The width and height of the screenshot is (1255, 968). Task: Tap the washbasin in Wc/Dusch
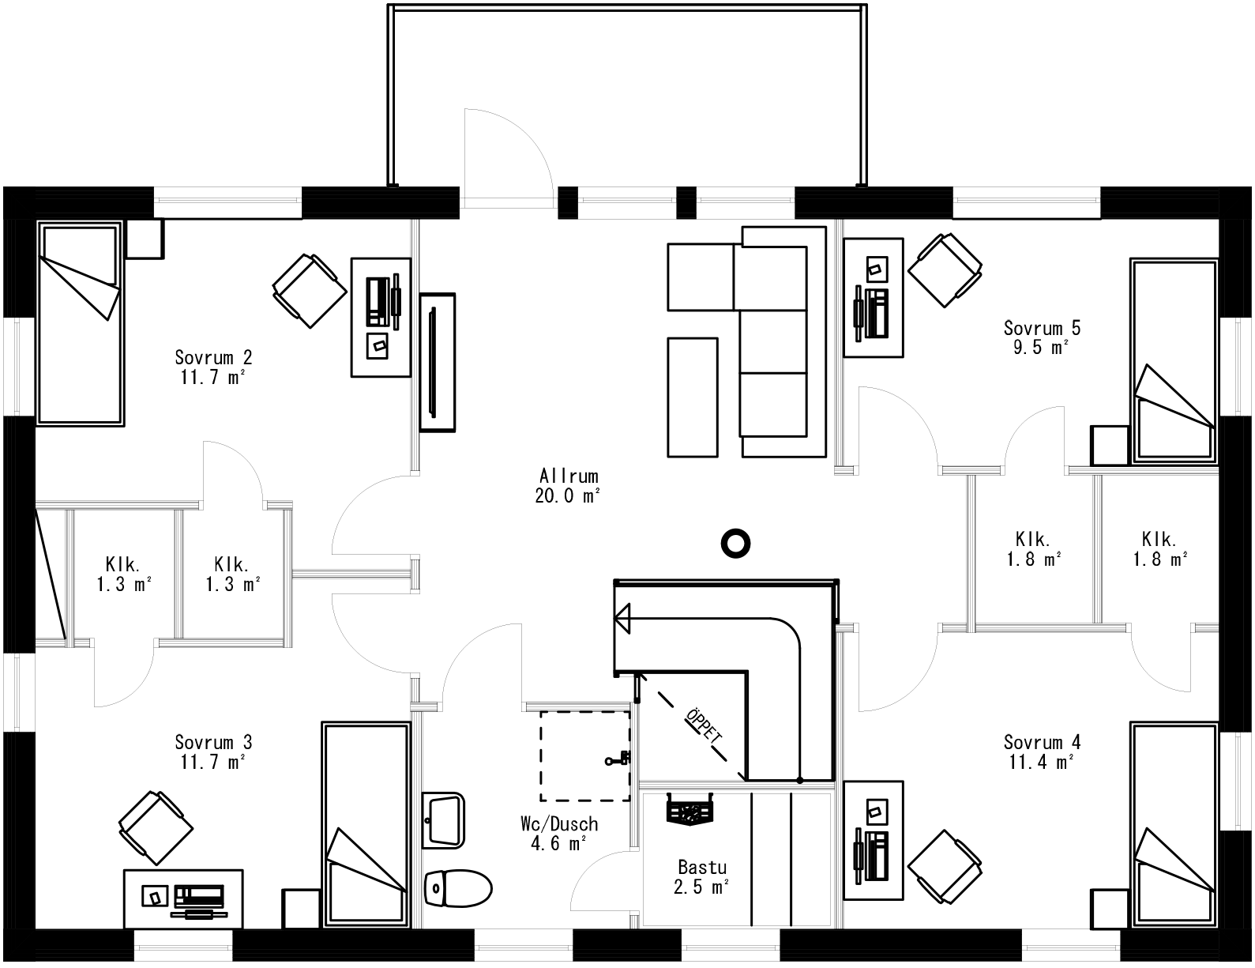[443, 820]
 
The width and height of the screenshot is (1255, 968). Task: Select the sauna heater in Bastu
[690, 809]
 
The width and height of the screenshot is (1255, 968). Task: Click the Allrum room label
[569, 476]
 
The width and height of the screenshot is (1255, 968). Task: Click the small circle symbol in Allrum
[735, 543]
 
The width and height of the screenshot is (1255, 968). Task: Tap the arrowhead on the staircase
[623, 618]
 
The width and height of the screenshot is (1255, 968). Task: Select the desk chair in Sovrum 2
[309, 290]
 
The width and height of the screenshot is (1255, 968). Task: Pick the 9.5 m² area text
[1041, 347]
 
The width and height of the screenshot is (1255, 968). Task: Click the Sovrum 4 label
[1042, 742]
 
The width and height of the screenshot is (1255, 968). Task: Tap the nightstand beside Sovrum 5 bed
[1110, 446]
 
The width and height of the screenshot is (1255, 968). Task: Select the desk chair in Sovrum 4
[945, 865]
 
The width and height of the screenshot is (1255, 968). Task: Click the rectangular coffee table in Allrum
[693, 397]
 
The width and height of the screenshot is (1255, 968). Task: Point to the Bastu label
[701, 867]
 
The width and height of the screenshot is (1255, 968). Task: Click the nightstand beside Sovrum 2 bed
[145, 239]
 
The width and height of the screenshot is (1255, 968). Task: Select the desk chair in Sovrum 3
[156, 827]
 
